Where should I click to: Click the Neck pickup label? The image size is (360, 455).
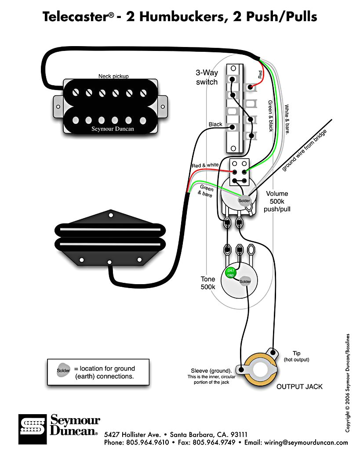[113, 76]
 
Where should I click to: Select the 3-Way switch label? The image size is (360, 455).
[207, 77]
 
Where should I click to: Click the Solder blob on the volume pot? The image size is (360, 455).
[244, 201]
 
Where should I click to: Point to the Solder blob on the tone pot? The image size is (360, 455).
[245, 282]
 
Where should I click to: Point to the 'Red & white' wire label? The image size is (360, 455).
[205, 165]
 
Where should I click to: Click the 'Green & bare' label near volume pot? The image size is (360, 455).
[206, 191]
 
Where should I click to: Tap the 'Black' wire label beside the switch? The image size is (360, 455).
[215, 124]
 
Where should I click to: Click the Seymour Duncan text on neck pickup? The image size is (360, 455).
[113, 129]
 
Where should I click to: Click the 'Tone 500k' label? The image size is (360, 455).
[208, 283]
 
